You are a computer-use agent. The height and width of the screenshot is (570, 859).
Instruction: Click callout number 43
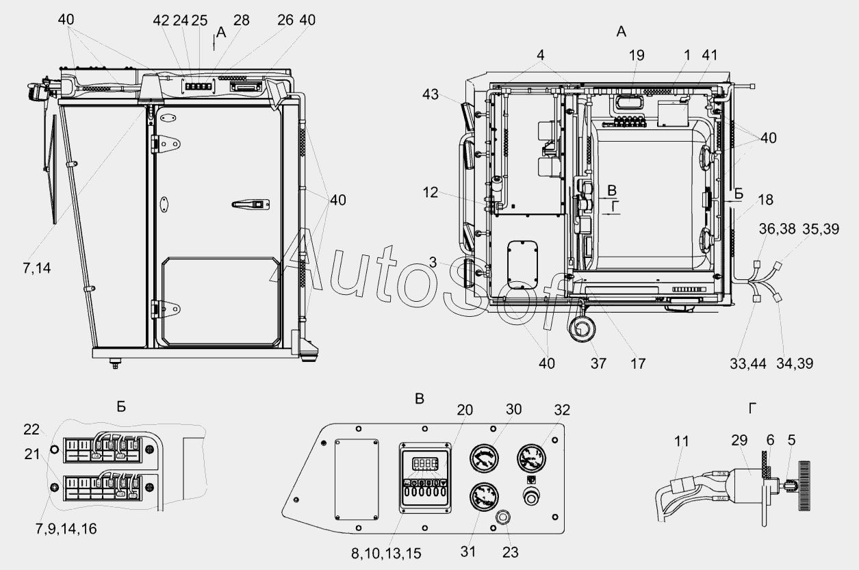click(431, 94)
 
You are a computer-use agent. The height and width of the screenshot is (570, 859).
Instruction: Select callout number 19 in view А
click(637, 55)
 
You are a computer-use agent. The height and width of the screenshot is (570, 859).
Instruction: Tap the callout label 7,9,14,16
click(66, 529)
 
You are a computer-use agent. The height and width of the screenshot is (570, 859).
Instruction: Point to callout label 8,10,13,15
click(386, 554)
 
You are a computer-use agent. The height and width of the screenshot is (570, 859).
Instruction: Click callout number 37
click(598, 363)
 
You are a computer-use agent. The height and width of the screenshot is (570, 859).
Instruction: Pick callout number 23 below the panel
click(510, 552)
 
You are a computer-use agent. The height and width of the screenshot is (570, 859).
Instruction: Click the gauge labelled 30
click(485, 458)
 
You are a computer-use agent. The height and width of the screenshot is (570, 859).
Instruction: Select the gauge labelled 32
click(532, 458)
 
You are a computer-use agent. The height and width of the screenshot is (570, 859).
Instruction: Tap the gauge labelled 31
click(484, 497)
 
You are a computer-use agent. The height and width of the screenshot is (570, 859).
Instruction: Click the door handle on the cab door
click(251, 205)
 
